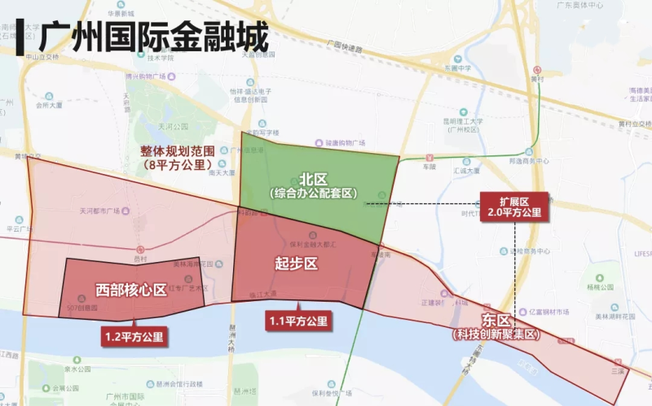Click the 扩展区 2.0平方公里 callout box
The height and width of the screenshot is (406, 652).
(x=513, y=206)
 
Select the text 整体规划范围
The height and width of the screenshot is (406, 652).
(x=177, y=151)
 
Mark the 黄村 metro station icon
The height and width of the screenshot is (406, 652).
(x=536, y=70)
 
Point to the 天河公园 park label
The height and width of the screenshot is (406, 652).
(x=173, y=127)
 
